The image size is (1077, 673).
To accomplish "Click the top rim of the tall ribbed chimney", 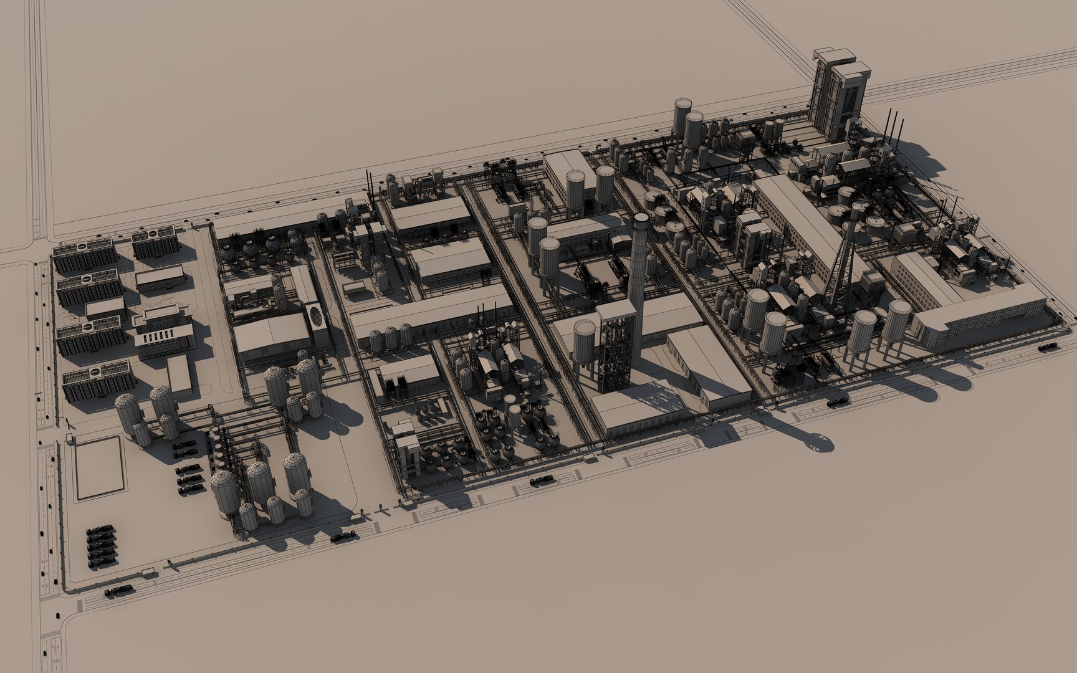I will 641,218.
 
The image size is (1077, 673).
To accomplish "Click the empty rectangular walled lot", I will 98,467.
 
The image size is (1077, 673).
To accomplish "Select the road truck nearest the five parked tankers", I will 119,591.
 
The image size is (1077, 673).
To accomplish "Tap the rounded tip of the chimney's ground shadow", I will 823,443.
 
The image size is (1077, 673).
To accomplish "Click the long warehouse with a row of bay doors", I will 979,318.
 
